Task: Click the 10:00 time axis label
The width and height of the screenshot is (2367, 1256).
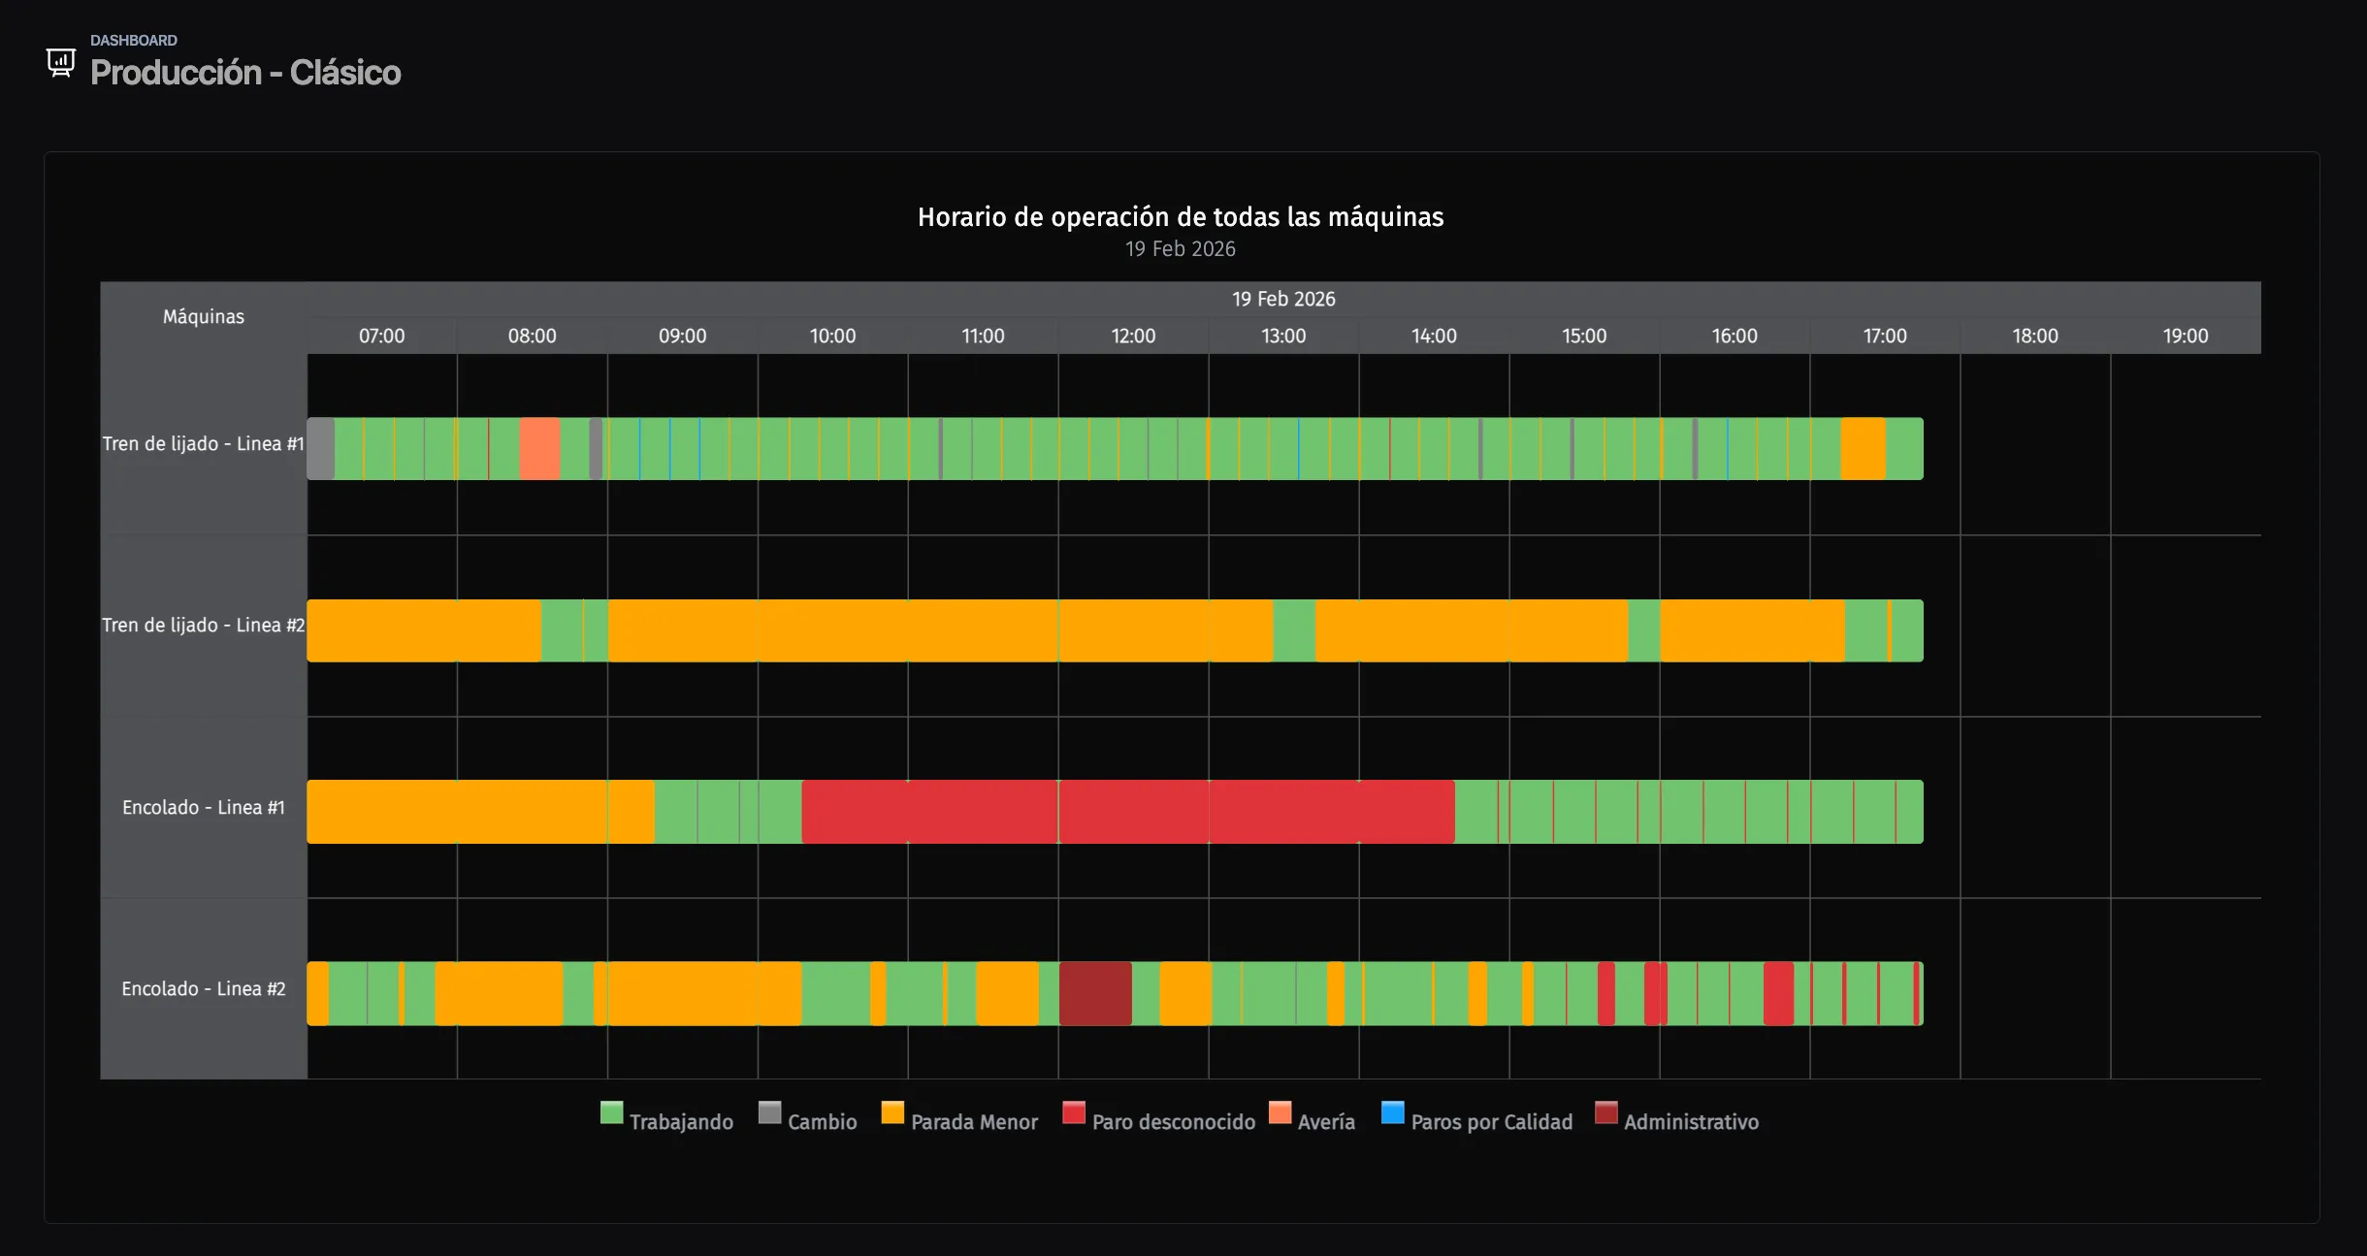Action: [x=832, y=336]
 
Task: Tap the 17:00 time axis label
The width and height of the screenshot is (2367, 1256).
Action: [x=1884, y=336]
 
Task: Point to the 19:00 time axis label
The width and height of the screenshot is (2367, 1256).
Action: [x=2185, y=336]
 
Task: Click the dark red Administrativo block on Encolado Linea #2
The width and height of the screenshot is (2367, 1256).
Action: [x=1095, y=993]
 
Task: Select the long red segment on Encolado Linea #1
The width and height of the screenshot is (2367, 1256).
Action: [x=1127, y=812]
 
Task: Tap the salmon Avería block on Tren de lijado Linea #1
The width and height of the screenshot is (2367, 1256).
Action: [x=539, y=448]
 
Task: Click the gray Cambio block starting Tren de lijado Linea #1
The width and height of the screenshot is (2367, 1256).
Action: [x=321, y=448]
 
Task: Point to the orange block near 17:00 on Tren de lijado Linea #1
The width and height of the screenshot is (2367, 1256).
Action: [x=1863, y=448]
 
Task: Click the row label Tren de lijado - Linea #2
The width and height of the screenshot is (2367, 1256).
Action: [x=204, y=626]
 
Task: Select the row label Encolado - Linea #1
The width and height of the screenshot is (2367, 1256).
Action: [x=204, y=807]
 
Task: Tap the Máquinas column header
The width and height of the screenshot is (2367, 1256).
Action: [x=204, y=316]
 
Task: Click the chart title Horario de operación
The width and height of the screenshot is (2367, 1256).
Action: [x=1180, y=216]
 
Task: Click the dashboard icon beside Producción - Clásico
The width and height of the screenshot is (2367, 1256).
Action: [x=60, y=63]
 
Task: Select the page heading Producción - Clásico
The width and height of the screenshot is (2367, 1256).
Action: [x=245, y=73]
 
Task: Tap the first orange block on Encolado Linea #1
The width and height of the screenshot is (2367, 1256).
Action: [x=480, y=812]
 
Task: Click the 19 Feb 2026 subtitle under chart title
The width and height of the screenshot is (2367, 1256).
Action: [x=1180, y=249]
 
